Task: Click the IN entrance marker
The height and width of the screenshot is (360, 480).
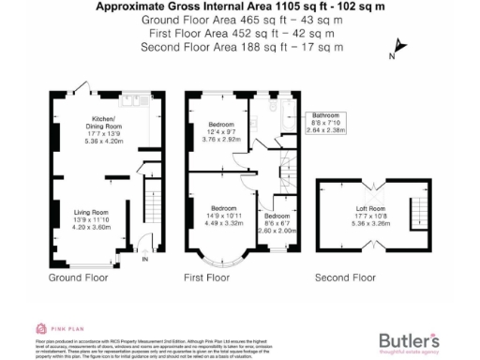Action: tap(144, 260)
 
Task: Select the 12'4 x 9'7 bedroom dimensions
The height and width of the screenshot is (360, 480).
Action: tap(221, 136)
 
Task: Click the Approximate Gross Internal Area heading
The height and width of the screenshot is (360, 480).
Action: tap(240, 7)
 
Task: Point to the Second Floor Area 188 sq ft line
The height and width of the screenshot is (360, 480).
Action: tap(240, 47)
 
